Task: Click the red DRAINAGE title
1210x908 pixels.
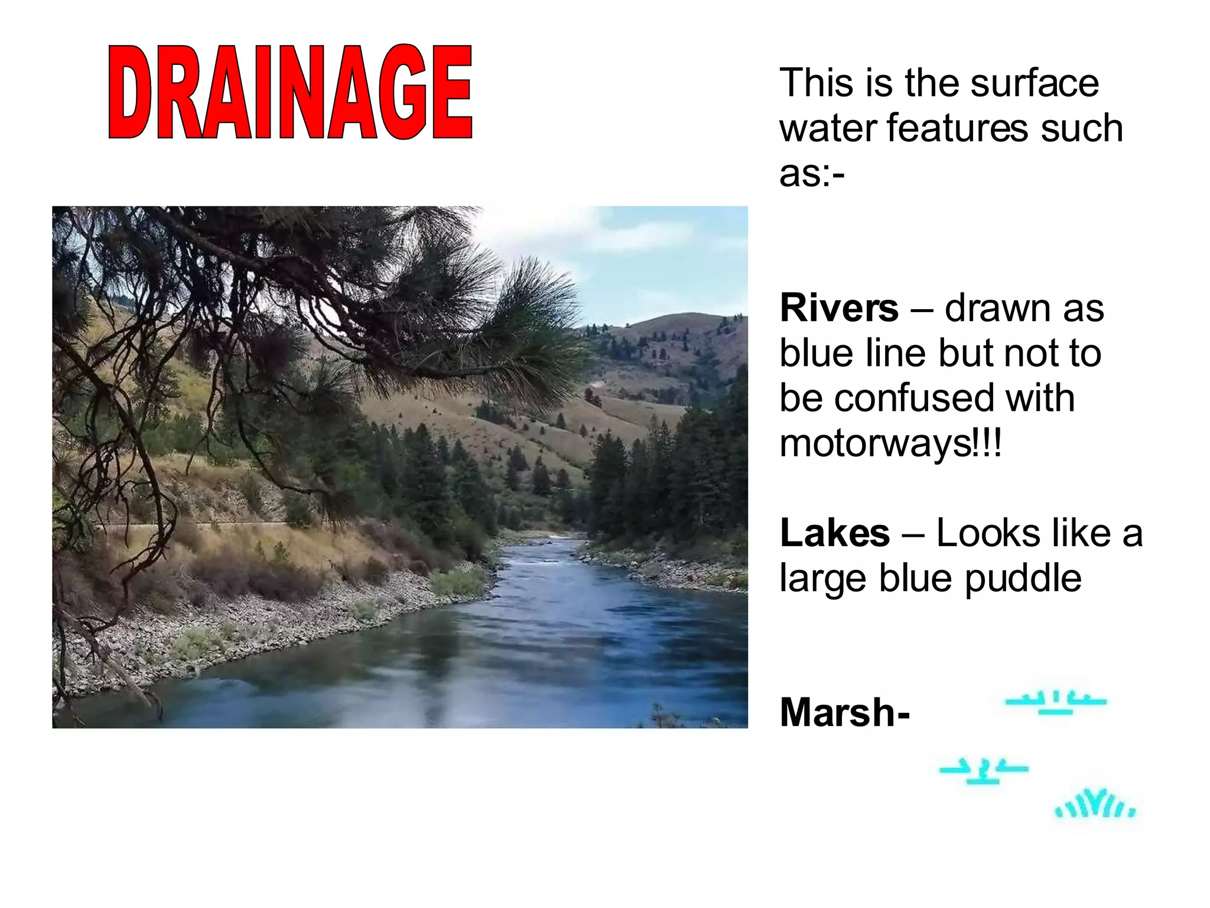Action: [x=290, y=92]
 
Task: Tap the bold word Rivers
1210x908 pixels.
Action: [x=839, y=308]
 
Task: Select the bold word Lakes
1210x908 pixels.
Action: [x=834, y=533]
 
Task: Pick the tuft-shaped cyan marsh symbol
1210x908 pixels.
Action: [x=1095, y=804]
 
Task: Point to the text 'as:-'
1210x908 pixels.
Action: [x=812, y=174]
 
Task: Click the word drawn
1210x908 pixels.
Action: [x=998, y=308]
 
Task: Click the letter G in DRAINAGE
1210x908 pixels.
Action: [x=403, y=92]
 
